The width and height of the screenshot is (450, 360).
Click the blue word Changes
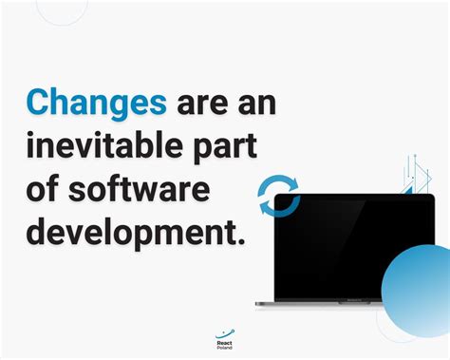[96, 103]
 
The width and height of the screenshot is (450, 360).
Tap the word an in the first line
[255, 103]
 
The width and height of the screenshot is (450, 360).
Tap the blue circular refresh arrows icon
[279, 197]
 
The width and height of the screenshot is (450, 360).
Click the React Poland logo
[224, 338]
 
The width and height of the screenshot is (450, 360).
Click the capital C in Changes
[39, 103]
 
